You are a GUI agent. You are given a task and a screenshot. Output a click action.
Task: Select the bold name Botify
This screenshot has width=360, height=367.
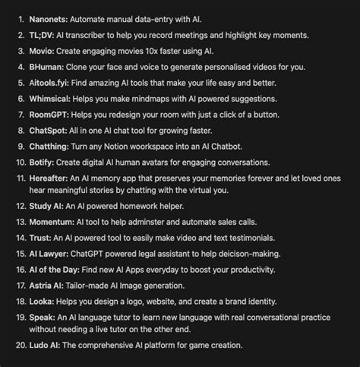[46, 163]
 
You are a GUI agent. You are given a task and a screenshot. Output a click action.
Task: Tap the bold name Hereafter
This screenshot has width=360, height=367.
[53, 180]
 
